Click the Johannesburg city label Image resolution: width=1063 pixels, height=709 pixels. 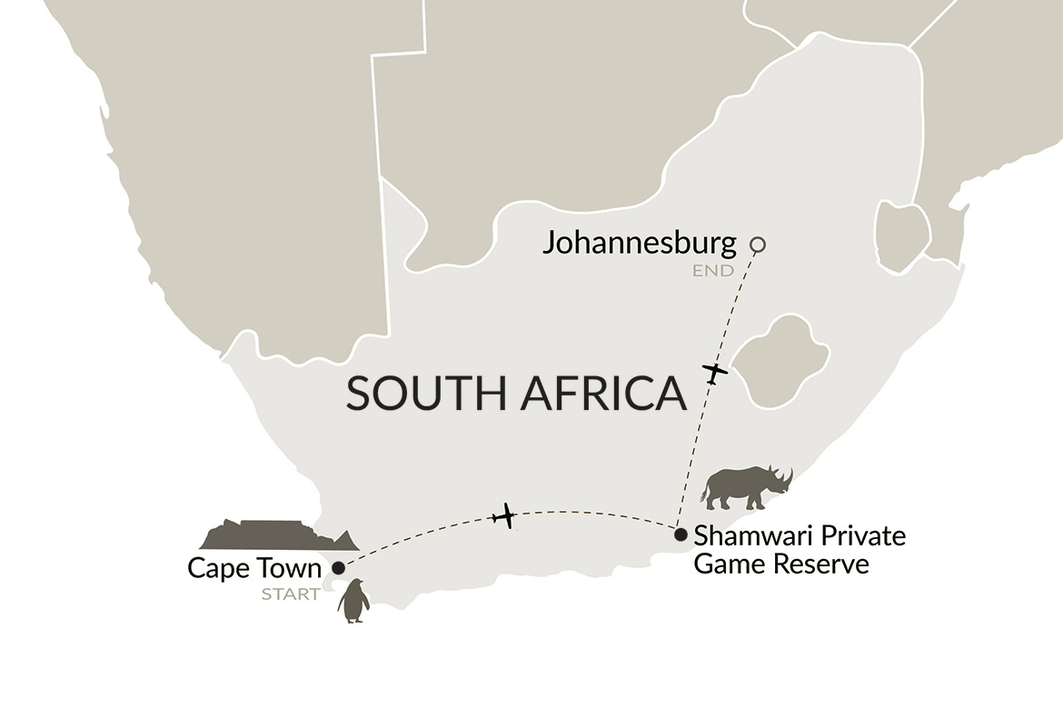click(x=639, y=244)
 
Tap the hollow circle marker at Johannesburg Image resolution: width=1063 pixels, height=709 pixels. click(x=757, y=244)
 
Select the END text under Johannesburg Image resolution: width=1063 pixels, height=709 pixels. click(x=712, y=271)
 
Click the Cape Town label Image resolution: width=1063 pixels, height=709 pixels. click(x=254, y=568)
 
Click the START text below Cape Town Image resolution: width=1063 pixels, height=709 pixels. click(x=291, y=594)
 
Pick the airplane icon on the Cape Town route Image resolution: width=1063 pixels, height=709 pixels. click(x=502, y=517)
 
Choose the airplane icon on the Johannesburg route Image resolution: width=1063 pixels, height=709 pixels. click(x=716, y=373)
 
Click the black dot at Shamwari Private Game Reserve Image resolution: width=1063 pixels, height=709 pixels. click(x=681, y=534)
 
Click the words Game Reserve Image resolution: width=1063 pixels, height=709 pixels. click(x=781, y=564)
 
